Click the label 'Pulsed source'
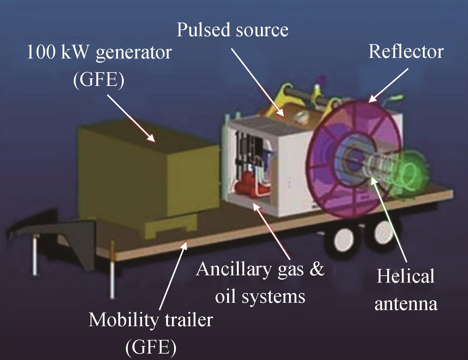(232, 30)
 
